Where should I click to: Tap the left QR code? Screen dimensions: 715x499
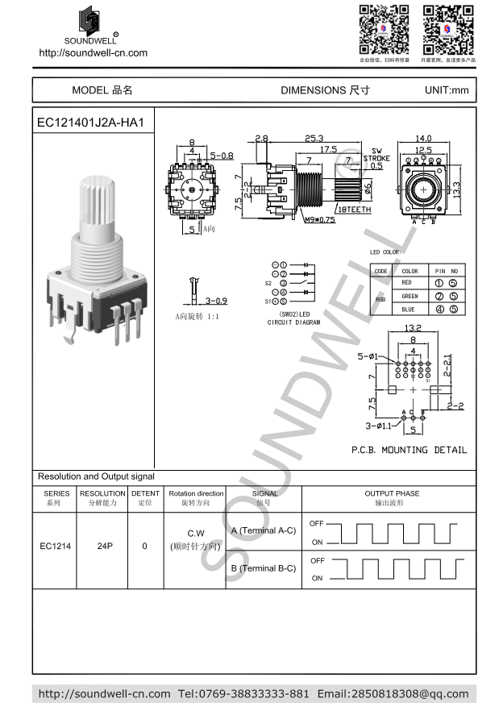(384, 29)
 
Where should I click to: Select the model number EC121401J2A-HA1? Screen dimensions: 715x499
(90, 123)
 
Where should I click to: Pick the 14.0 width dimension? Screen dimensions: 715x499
(423, 139)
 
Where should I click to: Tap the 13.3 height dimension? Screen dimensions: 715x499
(456, 188)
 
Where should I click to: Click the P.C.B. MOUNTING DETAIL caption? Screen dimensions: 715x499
(409, 450)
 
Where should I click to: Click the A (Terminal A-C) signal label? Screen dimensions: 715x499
(264, 530)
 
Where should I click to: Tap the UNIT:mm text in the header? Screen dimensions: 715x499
(446, 90)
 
